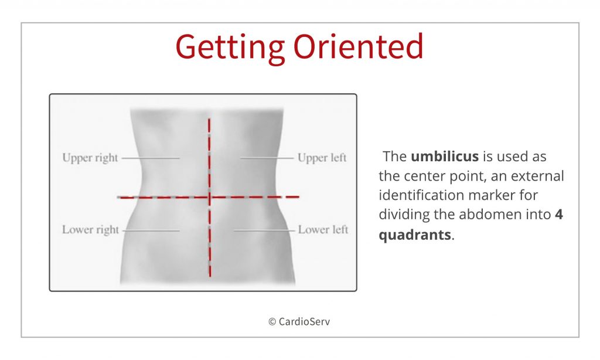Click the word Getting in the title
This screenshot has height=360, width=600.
click(230, 46)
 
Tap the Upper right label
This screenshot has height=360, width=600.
click(90, 158)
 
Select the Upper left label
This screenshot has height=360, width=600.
click(322, 158)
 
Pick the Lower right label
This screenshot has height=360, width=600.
click(90, 230)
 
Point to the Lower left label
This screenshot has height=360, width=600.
click(323, 230)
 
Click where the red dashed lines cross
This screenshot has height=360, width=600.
click(209, 197)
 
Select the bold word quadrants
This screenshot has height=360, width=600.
click(415, 234)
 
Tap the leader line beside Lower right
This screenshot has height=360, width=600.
click(151, 230)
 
